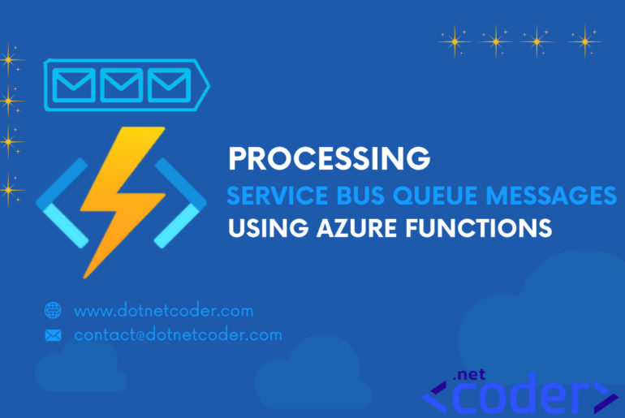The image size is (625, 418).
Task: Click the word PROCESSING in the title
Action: (x=330, y=158)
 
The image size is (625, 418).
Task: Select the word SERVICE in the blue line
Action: (x=278, y=196)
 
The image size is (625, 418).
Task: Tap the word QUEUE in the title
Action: (x=435, y=196)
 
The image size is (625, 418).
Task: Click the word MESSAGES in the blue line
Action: (x=551, y=196)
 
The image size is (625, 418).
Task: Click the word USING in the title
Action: (x=268, y=228)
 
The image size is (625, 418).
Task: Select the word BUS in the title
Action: (x=360, y=196)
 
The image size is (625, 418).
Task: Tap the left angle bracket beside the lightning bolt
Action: (x=62, y=203)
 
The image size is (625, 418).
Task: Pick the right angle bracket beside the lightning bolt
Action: (x=180, y=203)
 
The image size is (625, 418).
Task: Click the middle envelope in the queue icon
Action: (x=121, y=85)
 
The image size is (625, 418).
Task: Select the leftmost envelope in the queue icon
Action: (x=74, y=85)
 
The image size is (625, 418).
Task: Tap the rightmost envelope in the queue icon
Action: (x=169, y=85)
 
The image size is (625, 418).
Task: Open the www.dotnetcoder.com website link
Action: (x=164, y=311)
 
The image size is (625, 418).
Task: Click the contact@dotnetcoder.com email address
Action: (x=179, y=334)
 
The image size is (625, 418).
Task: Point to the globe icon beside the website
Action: (x=53, y=310)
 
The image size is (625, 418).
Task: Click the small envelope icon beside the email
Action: (x=53, y=335)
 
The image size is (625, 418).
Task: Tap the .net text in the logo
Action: (x=469, y=374)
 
